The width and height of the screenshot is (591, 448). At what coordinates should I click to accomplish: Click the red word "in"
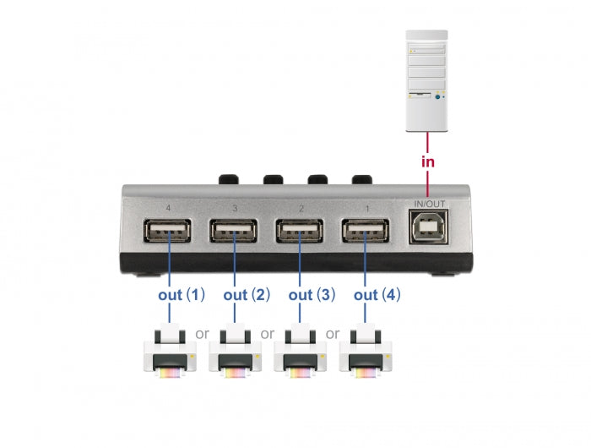click(427, 162)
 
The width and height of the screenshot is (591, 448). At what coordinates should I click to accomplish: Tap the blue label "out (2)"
click(247, 295)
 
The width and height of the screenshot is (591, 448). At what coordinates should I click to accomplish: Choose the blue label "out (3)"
click(312, 295)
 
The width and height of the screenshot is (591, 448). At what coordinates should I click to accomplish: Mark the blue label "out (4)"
click(377, 295)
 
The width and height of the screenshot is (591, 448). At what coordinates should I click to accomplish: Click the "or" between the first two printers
click(202, 333)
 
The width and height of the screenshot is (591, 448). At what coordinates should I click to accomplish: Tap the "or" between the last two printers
click(333, 333)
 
